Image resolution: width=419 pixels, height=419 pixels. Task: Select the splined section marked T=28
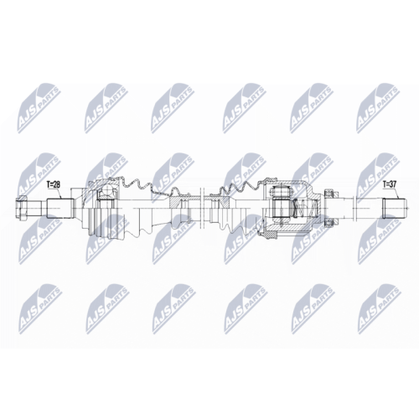[58, 206]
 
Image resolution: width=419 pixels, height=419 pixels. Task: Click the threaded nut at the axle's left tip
[22, 206]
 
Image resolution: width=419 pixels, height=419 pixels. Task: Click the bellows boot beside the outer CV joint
[138, 205]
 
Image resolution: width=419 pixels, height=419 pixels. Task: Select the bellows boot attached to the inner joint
[235, 205]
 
